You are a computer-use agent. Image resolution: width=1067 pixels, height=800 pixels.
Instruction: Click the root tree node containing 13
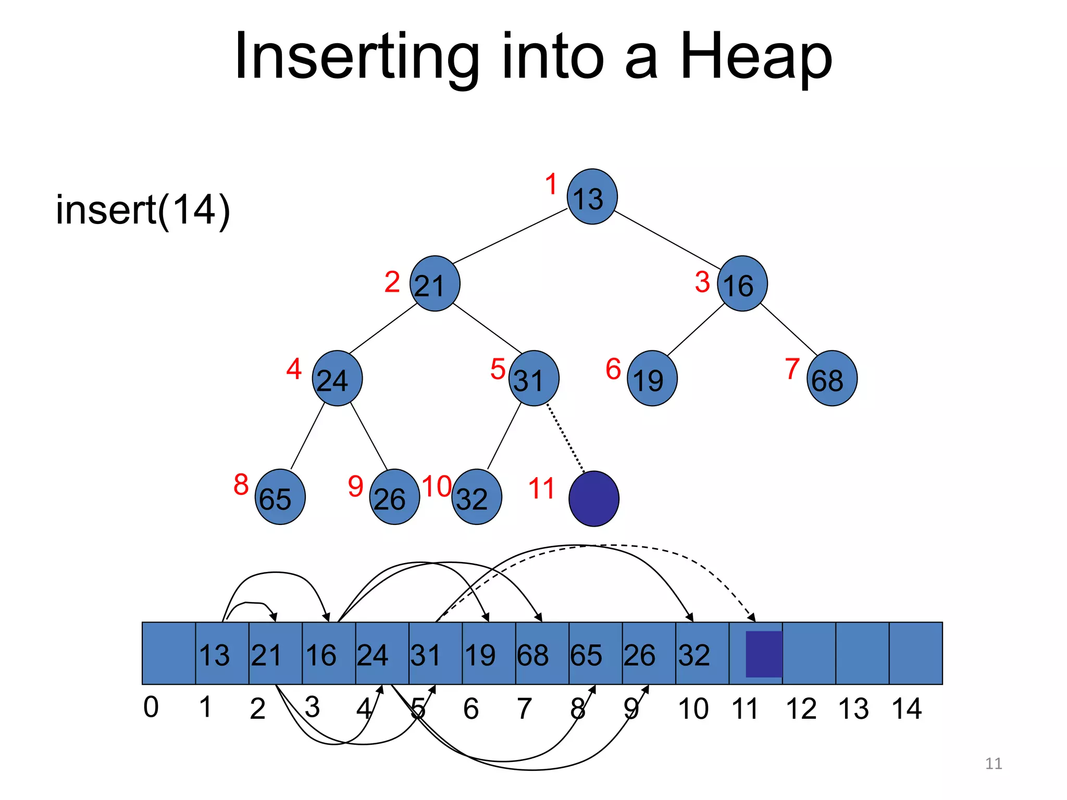(592, 197)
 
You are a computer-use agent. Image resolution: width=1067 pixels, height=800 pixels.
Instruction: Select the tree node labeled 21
(435, 284)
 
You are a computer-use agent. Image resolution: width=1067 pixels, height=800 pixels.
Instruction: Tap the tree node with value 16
(742, 284)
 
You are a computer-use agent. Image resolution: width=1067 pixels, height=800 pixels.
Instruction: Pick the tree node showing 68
(832, 379)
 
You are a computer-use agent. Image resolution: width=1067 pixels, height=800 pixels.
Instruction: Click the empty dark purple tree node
(593, 498)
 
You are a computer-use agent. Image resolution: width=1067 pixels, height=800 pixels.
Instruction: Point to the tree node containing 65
(280, 497)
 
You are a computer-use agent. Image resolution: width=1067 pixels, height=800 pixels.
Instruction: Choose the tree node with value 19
(652, 379)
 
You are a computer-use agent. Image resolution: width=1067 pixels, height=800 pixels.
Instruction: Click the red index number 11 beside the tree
(541, 489)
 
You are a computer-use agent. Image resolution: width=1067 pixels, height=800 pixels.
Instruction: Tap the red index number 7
(792, 369)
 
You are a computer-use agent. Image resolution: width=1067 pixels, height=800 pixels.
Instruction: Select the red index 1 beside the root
(551, 184)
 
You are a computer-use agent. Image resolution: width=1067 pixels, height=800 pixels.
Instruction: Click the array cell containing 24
(382, 654)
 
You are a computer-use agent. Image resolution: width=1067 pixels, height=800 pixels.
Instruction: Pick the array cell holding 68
(542, 654)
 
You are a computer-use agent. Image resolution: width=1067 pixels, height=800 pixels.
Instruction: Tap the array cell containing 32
(702, 654)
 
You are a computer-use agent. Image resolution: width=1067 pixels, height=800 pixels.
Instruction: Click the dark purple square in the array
(764, 654)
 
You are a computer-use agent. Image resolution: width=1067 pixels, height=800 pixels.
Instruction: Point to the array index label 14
(907, 709)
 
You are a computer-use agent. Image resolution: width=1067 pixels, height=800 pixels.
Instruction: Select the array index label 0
(151, 707)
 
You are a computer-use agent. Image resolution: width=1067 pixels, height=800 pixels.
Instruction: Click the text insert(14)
(143, 210)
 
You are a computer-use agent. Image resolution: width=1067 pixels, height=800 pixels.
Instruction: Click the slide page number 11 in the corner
(994, 764)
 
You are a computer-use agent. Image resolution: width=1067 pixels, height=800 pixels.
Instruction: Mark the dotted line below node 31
(566, 439)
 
